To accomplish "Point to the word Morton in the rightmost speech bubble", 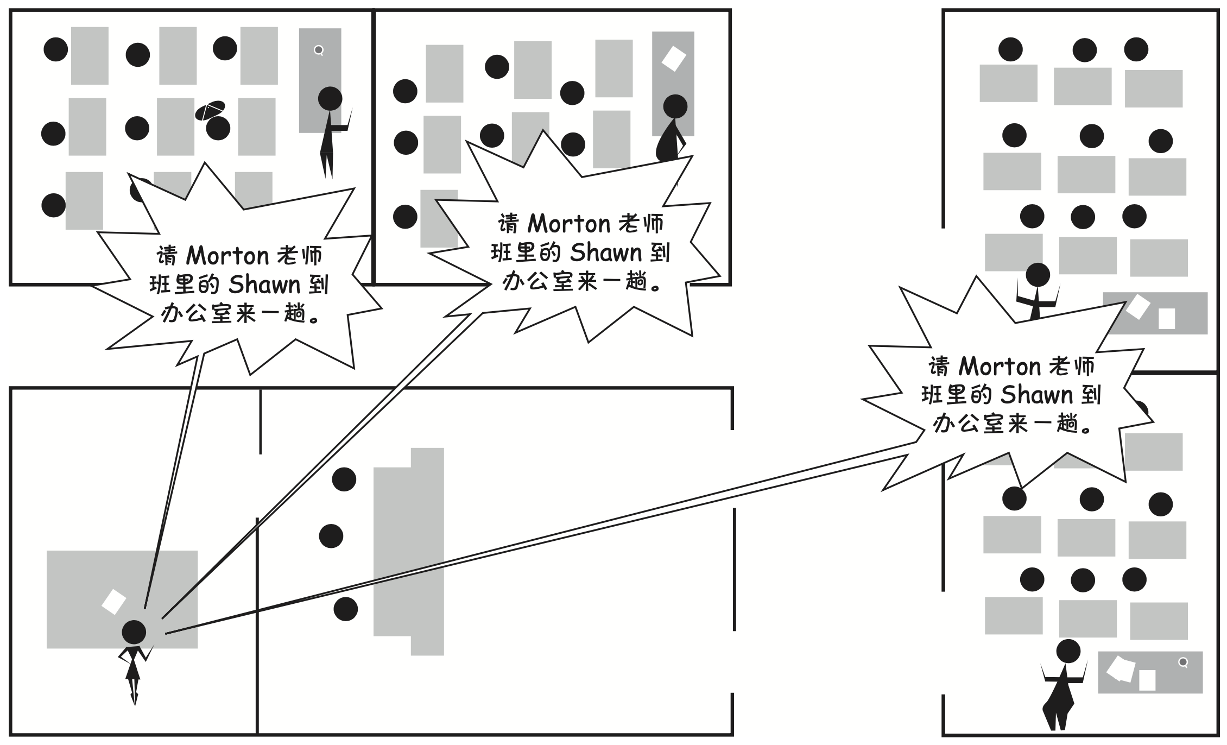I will [x=1000, y=367].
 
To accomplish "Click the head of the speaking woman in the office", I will [x=134, y=632].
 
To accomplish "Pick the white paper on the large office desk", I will [x=114, y=602].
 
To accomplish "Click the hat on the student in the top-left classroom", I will [x=210, y=111].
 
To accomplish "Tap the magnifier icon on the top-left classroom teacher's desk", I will [x=319, y=50].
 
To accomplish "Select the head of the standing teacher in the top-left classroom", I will [x=330, y=99].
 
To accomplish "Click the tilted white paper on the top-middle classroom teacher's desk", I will [x=673, y=58].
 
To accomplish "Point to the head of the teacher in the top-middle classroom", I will [x=675, y=106].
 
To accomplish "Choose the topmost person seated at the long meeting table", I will [x=344, y=479].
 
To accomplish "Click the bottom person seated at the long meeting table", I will [x=345, y=609].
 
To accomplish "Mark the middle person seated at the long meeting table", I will [x=331, y=536].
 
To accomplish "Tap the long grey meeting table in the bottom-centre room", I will [x=409, y=551].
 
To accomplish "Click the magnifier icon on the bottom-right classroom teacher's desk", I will [x=1183, y=662].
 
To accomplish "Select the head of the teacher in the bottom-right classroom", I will [x=1068, y=651].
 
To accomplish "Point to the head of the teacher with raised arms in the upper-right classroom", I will [x=1038, y=275].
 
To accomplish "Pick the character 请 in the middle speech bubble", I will [x=509, y=224].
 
